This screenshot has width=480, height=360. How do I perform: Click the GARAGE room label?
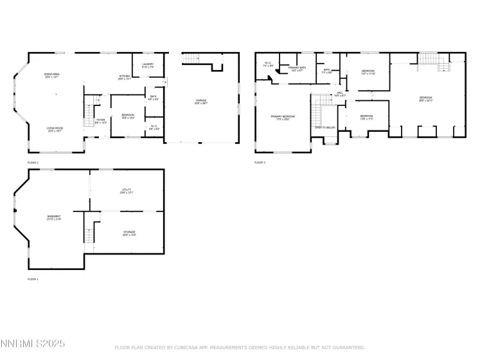tap(201, 100)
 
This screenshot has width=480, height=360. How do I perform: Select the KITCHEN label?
tap(124, 76)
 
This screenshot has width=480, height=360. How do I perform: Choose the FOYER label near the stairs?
tap(101, 120)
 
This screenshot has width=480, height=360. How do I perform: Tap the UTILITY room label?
tap(127, 190)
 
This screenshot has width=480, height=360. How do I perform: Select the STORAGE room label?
tap(129, 232)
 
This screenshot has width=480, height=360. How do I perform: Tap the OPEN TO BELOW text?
tap(324, 127)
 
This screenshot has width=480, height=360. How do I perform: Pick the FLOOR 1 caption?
tap(33, 280)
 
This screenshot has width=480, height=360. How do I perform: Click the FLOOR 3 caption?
tap(260, 163)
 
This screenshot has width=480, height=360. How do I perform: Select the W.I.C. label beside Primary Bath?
tap(268, 64)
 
